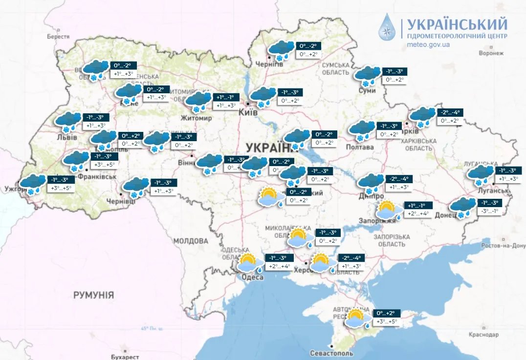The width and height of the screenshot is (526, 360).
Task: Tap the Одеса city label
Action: (x=253, y=277)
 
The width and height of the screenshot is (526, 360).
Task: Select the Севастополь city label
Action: (x=331, y=353)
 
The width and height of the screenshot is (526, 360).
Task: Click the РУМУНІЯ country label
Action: (x=93, y=295)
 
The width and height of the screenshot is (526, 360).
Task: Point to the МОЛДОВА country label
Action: (x=190, y=241)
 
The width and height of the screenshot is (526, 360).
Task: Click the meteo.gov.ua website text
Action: (x=428, y=44)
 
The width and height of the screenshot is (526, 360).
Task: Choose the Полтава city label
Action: (x=359, y=147)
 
